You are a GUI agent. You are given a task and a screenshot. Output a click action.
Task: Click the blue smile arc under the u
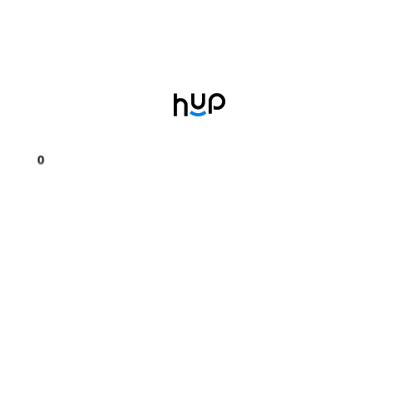198,114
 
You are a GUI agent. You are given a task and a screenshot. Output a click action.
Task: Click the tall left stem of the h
175,105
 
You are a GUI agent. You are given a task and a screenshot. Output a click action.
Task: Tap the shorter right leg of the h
186,111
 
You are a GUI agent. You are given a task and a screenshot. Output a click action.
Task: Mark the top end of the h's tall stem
175,94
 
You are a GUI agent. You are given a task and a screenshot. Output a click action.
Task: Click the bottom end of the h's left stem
175,116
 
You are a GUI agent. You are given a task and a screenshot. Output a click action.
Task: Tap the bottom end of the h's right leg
186,116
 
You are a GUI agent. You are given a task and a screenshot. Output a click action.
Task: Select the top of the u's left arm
192,94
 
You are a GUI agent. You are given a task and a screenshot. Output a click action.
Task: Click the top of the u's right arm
204,94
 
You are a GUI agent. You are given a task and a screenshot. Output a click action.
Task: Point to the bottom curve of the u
198,109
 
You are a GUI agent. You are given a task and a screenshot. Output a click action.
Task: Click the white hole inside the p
217,101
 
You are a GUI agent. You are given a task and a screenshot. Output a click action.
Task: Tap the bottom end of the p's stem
210,113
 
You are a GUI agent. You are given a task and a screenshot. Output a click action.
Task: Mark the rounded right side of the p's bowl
224,102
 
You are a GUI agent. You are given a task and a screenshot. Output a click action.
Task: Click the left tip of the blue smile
190,112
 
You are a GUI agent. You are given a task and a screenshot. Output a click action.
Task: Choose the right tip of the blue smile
205,112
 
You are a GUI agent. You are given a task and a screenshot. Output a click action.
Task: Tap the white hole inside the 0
41,160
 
